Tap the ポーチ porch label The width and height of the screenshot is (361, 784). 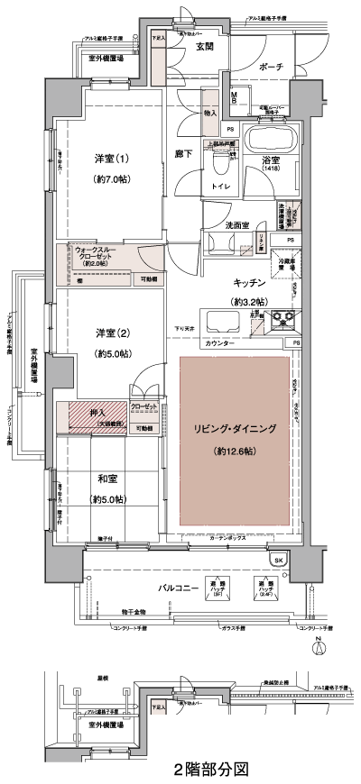(270, 67)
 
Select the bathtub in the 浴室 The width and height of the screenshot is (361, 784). (269, 141)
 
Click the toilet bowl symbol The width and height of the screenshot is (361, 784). (219, 161)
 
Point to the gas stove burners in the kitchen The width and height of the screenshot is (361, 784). (286, 318)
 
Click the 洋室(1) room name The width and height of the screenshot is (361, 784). (113, 160)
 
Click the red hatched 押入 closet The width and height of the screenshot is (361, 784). (93, 416)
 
